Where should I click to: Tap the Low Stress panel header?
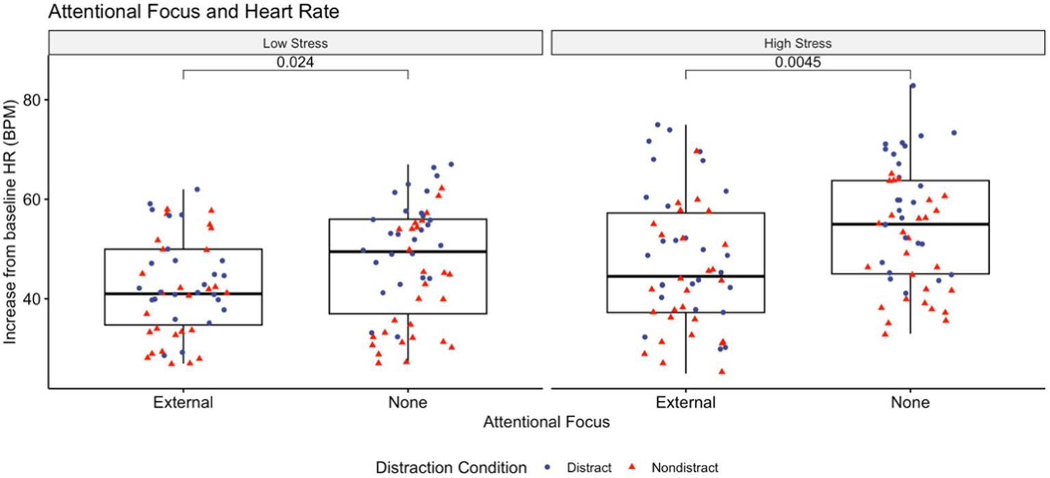point(295,43)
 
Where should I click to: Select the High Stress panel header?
point(798,43)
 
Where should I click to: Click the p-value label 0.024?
point(295,62)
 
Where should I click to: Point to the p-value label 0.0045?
point(798,62)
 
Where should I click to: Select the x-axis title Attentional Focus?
point(546,423)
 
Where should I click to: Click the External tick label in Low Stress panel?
point(183,403)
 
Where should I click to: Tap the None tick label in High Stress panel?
point(910,403)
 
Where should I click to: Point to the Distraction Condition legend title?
point(451,468)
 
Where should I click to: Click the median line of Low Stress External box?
point(183,293)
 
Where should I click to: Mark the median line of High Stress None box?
point(910,224)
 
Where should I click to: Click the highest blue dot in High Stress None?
point(913,85)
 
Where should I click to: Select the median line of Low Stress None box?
point(408,251)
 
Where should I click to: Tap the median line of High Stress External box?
point(685,276)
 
